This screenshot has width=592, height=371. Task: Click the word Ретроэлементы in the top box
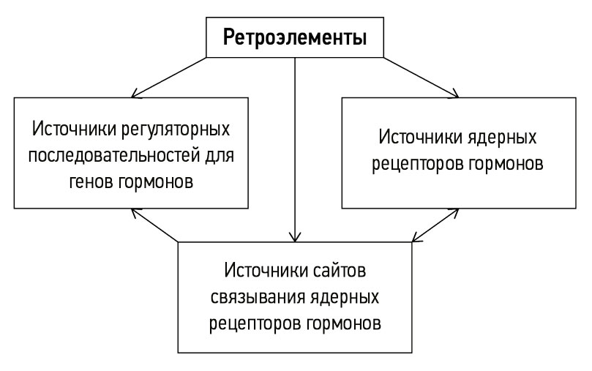[294, 37]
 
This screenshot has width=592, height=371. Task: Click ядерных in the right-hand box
[504, 138]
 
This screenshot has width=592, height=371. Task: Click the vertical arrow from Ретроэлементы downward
[295, 146]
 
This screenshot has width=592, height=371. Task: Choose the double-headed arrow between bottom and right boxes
[436, 224]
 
